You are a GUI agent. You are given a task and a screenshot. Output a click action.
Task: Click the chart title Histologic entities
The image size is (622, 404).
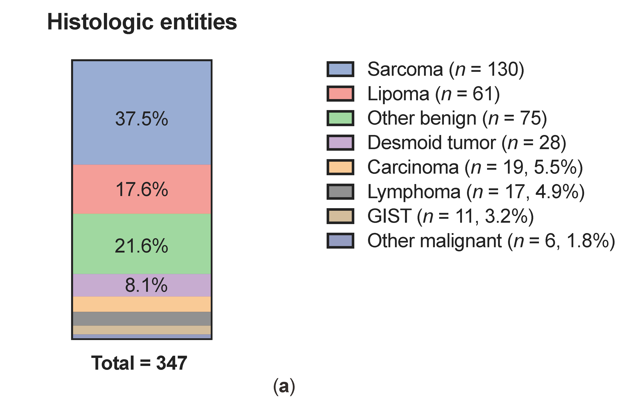(142, 22)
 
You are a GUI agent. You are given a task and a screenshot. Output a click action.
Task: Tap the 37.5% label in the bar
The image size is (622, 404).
(142, 119)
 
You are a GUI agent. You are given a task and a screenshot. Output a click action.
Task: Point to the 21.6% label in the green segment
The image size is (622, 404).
(141, 246)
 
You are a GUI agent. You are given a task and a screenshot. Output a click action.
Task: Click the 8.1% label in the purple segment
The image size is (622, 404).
(146, 285)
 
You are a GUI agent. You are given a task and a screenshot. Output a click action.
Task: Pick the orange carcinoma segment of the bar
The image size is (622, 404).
(142, 304)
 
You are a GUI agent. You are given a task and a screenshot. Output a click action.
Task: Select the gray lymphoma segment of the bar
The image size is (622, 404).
(142, 319)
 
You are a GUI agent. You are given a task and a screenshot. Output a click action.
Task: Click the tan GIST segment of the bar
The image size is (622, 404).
(142, 330)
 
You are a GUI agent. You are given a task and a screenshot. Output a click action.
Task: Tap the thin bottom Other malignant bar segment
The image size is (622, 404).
(142, 336)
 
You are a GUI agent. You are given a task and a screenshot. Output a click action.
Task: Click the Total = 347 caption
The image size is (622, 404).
(139, 363)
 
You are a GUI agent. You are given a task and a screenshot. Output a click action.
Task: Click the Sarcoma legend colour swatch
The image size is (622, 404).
(340, 69)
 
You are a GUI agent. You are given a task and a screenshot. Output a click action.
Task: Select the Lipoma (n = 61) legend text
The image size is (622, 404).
(433, 94)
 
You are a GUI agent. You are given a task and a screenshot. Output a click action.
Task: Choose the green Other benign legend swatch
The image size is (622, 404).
(340, 118)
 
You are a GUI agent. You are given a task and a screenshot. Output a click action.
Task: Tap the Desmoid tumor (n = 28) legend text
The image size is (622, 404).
(466, 143)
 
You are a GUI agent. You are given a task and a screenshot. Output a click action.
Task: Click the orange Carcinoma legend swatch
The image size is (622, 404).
(340, 167)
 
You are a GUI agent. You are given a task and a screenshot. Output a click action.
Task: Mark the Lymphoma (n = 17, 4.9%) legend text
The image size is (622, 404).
(476, 192)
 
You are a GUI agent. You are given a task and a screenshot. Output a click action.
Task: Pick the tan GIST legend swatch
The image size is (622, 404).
(340, 216)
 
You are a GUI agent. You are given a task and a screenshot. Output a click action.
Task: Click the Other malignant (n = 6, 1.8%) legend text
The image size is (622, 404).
(491, 241)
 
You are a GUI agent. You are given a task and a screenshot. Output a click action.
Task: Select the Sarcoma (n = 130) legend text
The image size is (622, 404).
(446, 69)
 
